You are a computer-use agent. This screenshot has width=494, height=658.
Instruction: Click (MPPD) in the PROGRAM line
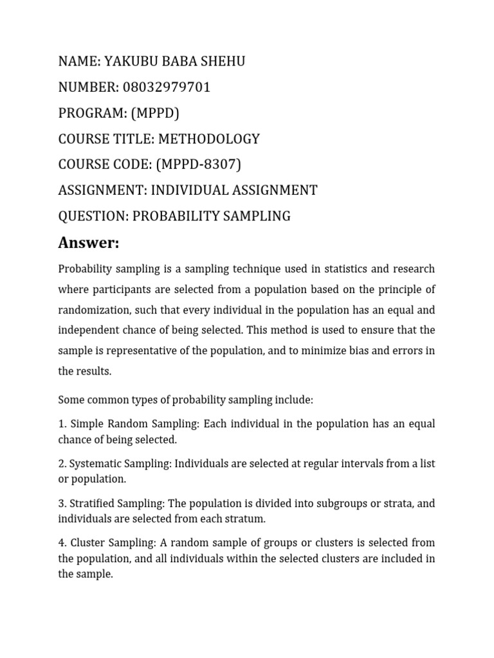point(155,113)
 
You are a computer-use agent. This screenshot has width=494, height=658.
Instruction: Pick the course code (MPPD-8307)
point(199,164)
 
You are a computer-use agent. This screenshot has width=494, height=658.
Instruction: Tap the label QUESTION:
point(93,216)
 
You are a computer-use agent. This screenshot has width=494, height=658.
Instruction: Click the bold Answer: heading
point(89,243)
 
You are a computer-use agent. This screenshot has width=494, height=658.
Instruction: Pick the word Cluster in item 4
point(87,543)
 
